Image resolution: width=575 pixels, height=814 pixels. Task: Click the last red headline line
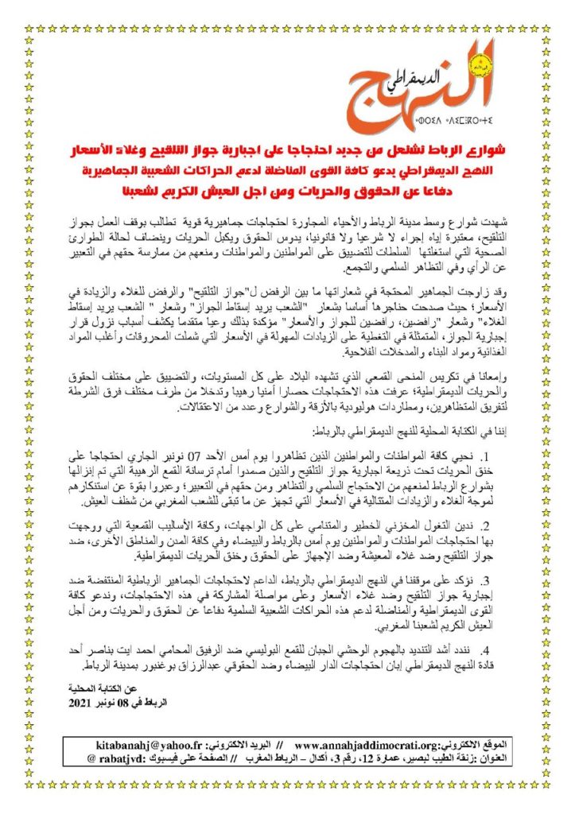pos(287,191)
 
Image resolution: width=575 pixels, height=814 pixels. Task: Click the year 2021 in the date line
pos(81,704)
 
